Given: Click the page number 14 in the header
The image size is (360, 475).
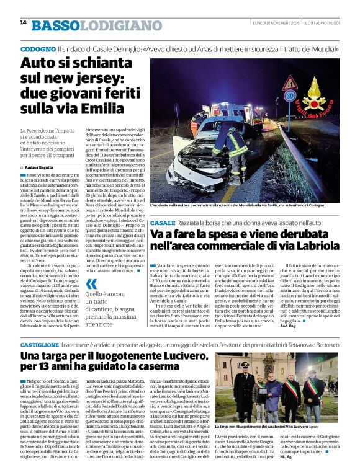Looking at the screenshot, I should click(x=23, y=23).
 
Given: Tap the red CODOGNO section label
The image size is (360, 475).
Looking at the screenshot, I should click(x=37, y=48).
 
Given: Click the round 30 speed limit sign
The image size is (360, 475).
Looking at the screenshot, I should click(x=289, y=96).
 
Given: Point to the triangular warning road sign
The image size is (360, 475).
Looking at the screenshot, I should click(x=289, y=81).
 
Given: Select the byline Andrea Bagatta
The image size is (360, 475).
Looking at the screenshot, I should click(x=43, y=167).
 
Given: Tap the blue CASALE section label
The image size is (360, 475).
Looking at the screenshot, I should click(x=163, y=222).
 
